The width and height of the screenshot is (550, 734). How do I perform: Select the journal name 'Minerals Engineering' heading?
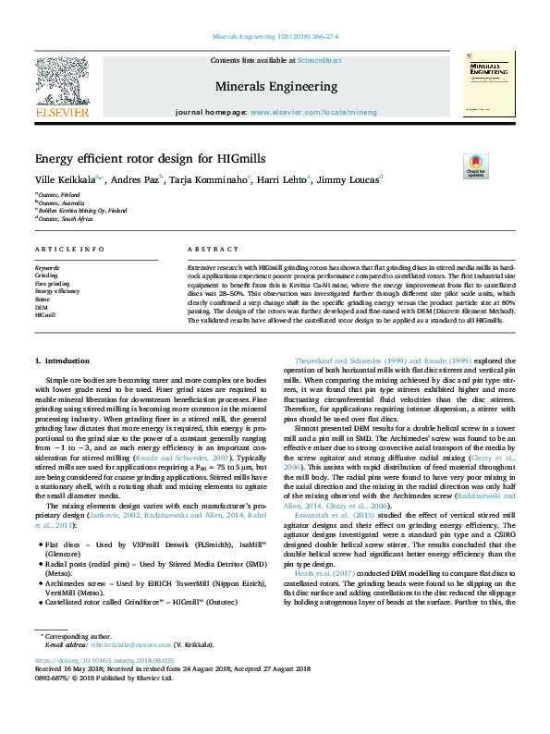(276, 86)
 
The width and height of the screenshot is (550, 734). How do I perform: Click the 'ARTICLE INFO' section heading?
(70, 250)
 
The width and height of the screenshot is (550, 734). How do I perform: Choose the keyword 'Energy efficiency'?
(57, 291)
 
